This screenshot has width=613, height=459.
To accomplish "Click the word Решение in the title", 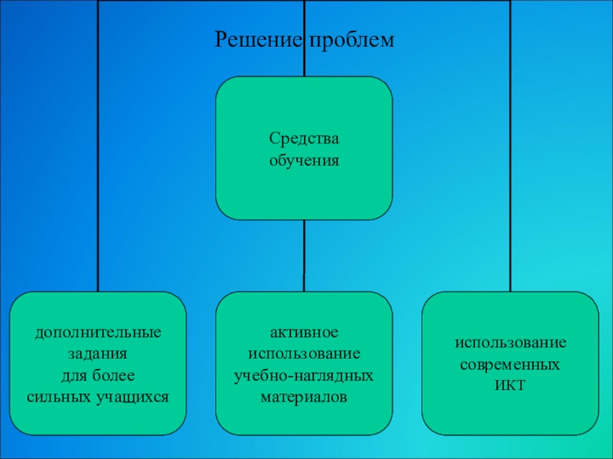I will point(259,37).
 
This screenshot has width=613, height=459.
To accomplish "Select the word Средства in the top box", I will point(303,138).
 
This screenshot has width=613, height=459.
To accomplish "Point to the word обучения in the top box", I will point(303,161).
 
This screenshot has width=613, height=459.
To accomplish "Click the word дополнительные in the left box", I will point(97,334).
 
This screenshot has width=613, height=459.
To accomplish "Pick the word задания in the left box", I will point(97,355).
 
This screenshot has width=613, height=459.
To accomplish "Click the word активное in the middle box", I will point(303,334).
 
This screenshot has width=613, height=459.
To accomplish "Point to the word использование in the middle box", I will point(303,355).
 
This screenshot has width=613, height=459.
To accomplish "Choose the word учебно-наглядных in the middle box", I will point(303,376).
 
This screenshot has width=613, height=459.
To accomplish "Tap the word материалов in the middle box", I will point(303,398).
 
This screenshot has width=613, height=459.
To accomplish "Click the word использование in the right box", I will point(510,343).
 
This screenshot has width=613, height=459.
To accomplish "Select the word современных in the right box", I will point(510,365).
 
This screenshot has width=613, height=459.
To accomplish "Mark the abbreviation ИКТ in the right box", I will point(510,386).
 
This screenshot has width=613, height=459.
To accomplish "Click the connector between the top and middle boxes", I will point(304,256).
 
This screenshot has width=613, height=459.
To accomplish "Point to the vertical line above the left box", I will point(97,153).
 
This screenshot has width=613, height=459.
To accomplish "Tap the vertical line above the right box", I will point(510,153).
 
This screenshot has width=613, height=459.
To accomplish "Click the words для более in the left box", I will point(97,376).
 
